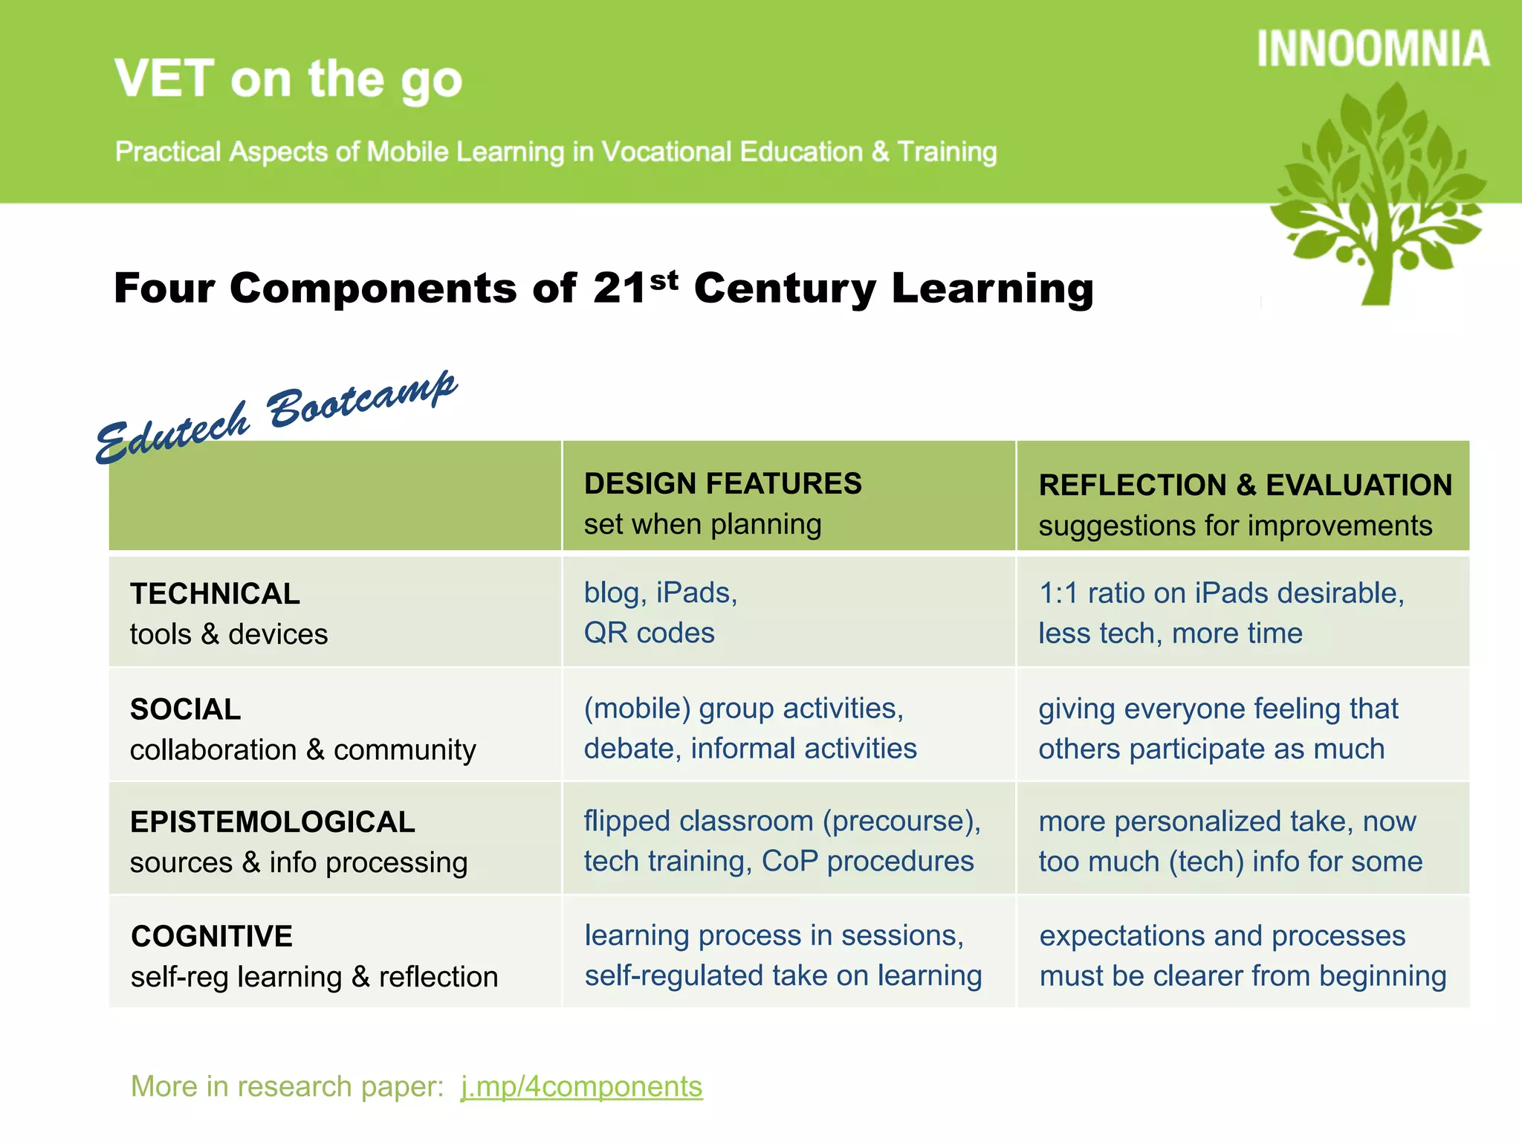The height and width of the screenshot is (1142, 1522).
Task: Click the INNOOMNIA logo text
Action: pyautogui.click(x=1373, y=49)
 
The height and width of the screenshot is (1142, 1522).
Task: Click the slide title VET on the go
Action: pyautogui.click(x=288, y=80)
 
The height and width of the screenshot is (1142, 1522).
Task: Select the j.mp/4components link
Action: pyautogui.click(x=581, y=1086)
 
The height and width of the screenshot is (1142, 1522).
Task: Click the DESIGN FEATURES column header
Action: pyautogui.click(x=722, y=484)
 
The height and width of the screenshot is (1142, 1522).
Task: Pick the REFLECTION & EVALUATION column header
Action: pyautogui.click(x=1245, y=485)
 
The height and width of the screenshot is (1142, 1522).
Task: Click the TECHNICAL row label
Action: pyautogui.click(x=216, y=593)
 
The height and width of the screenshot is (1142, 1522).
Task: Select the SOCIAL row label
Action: pyautogui.click(x=186, y=709)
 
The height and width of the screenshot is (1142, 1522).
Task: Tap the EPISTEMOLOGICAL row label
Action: pyautogui.click(x=272, y=822)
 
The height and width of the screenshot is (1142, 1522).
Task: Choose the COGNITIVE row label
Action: pyautogui.click(x=212, y=936)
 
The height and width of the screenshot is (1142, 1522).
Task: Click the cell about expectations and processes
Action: pyautogui.click(x=1242, y=955)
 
